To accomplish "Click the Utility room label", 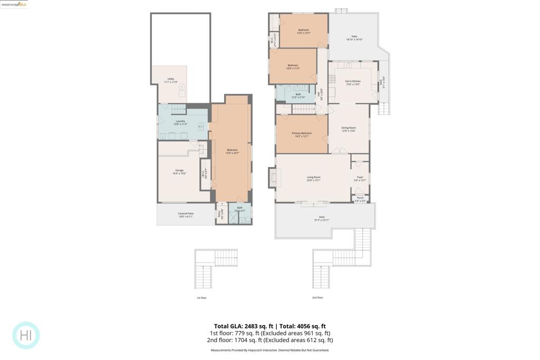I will pyautogui.click(x=170, y=81).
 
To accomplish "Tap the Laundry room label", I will pyautogui.click(x=180, y=122).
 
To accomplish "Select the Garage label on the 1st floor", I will pyautogui.click(x=180, y=171).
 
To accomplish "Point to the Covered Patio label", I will pyautogui.click(x=186, y=215).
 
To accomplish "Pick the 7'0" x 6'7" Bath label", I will pyautogui.click(x=240, y=209).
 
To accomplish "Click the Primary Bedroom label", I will pyautogui.click(x=302, y=134).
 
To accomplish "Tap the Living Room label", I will pyautogui.click(x=314, y=179).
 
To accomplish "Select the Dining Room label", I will pyautogui.click(x=349, y=129).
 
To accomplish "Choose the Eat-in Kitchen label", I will pyautogui.click(x=353, y=82).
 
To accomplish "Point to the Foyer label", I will pyautogui.click(x=360, y=179).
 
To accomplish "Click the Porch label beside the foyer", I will pyautogui.click(x=360, y=199).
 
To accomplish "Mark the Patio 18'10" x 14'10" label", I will pyautogui.click(x=354, y=38).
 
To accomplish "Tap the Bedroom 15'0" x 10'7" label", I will pyautogui.click(x=303, y=31).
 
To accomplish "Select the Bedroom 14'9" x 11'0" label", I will pyautogui.click(x=293, y=66).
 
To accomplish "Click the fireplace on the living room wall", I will pyautogui.click(x=272, y=178).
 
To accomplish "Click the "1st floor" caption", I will pyautogui.click(x=202, y=298).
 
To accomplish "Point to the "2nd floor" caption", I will pyautogui.click(x=317, y=297).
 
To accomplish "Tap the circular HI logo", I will pyautogui.click(x=26, y=335).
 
